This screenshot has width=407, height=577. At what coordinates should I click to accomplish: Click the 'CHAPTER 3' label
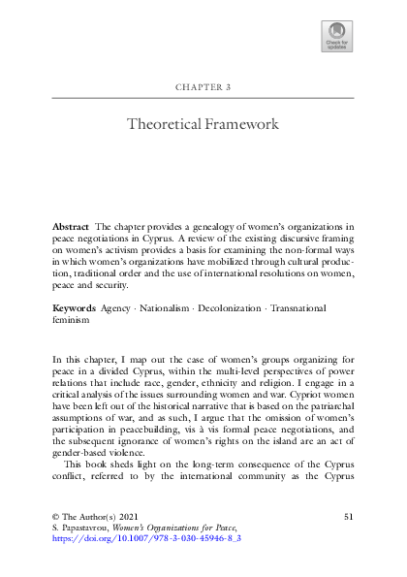pos(203,87)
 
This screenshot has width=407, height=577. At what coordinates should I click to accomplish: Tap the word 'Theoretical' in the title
pos(165,124)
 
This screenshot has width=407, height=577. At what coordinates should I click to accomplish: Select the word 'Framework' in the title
pos(241,124)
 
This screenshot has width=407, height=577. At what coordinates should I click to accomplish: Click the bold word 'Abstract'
pos(71,225)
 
